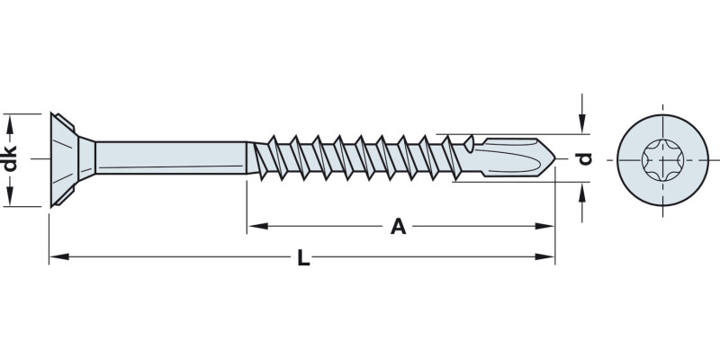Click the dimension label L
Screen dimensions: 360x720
[x=303, y=259]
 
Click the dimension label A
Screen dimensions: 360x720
[x=398, y=227]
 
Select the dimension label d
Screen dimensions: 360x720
[x=584, y=159]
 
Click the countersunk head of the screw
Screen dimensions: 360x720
[x=70, y=159]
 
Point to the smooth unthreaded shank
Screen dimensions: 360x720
[x=171, y=159]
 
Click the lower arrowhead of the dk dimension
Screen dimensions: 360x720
[x=12, y=198]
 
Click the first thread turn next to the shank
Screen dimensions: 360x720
[x=268, y=158]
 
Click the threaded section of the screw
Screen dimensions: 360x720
[x=360, y=159]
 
